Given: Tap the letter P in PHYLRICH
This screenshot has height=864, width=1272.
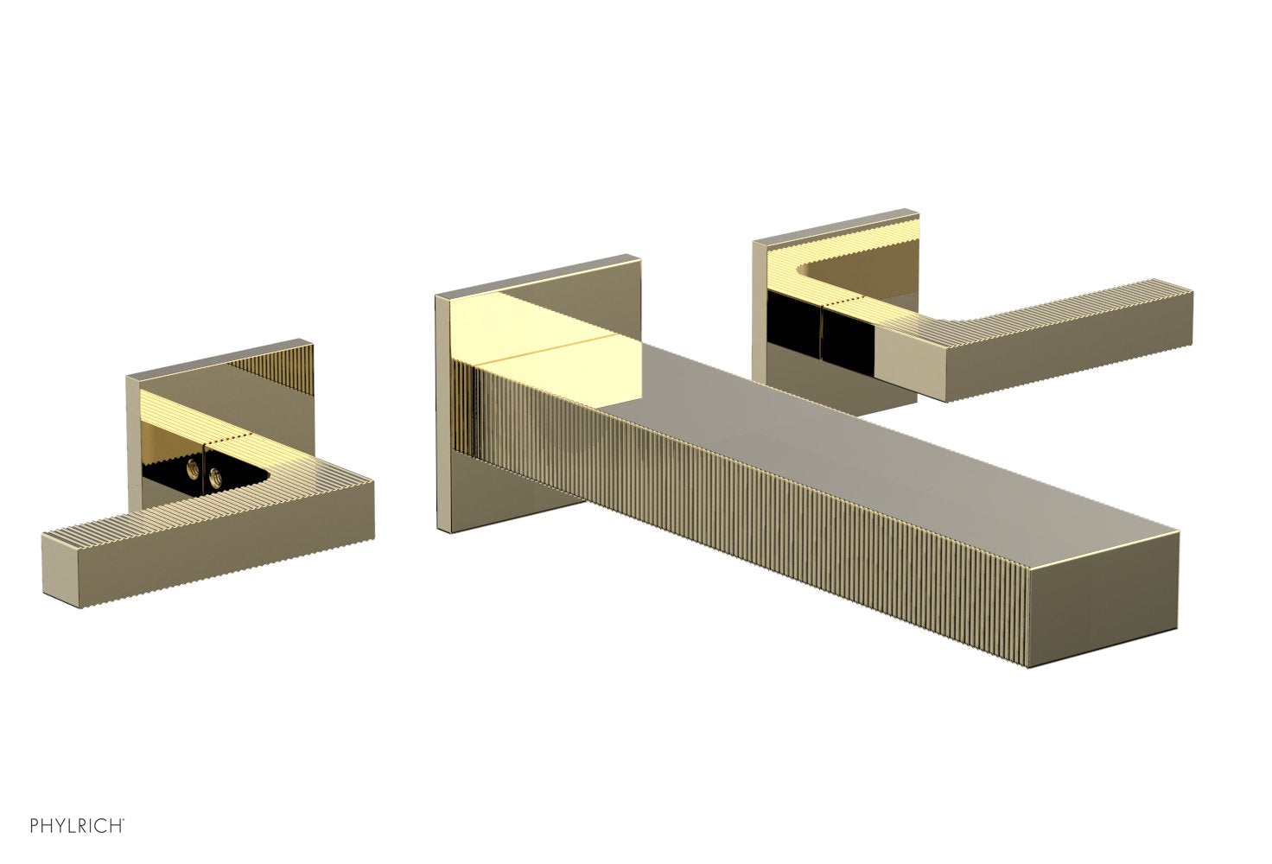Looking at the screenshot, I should pyautogui.click(x=35, y=826).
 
